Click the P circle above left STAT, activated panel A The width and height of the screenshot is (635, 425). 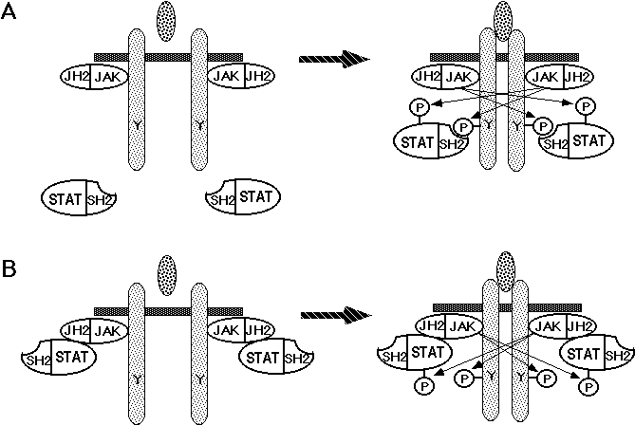[x=419, y=109]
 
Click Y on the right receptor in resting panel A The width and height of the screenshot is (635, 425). [x=199, y=124]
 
